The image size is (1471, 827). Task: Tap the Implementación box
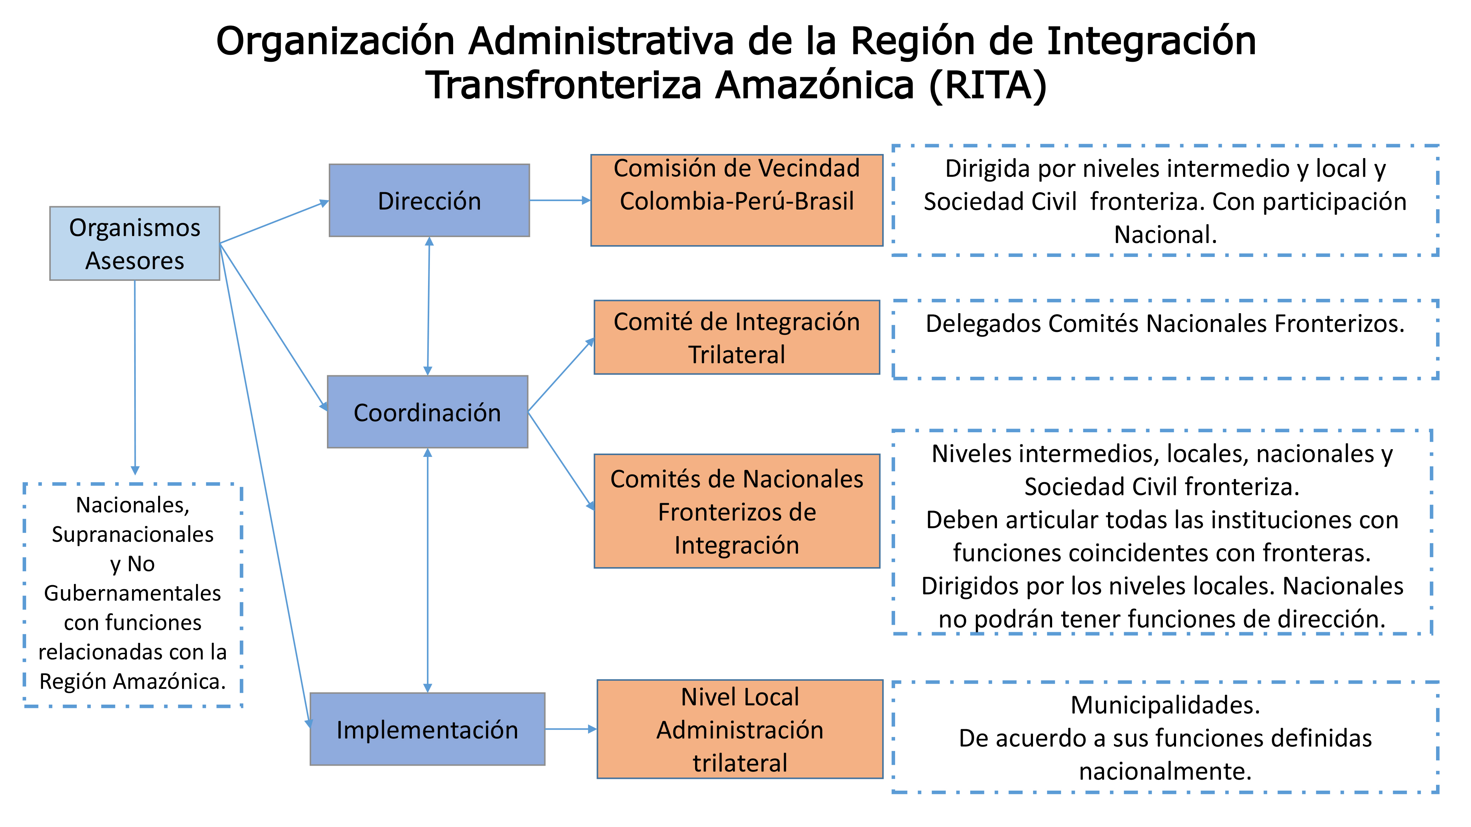[427, 729]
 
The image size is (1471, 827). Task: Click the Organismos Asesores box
[135, 243]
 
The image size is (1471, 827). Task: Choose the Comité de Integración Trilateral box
[737, 337]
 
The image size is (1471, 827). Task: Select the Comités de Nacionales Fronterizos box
[737, 511]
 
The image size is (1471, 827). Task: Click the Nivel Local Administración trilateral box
[740, 729]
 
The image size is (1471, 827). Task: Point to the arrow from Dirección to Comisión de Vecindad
[560, 200]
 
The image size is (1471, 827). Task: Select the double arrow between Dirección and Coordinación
[428, 306]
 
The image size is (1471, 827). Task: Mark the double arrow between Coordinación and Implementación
[428, 570]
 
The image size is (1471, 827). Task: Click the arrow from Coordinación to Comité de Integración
[561, 375]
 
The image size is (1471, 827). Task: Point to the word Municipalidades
[1165, 705]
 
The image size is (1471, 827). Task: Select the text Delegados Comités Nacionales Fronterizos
[1165, 323]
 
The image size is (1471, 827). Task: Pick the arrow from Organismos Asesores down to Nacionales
[135, 377]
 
